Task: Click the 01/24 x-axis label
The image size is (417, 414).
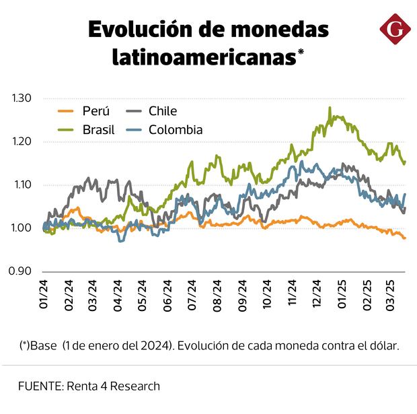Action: coord(44,296)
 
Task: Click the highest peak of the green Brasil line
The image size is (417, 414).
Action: coord(330,108)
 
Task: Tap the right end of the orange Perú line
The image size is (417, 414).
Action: coord(405,238)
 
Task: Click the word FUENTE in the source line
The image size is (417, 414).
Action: coord(40,386)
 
